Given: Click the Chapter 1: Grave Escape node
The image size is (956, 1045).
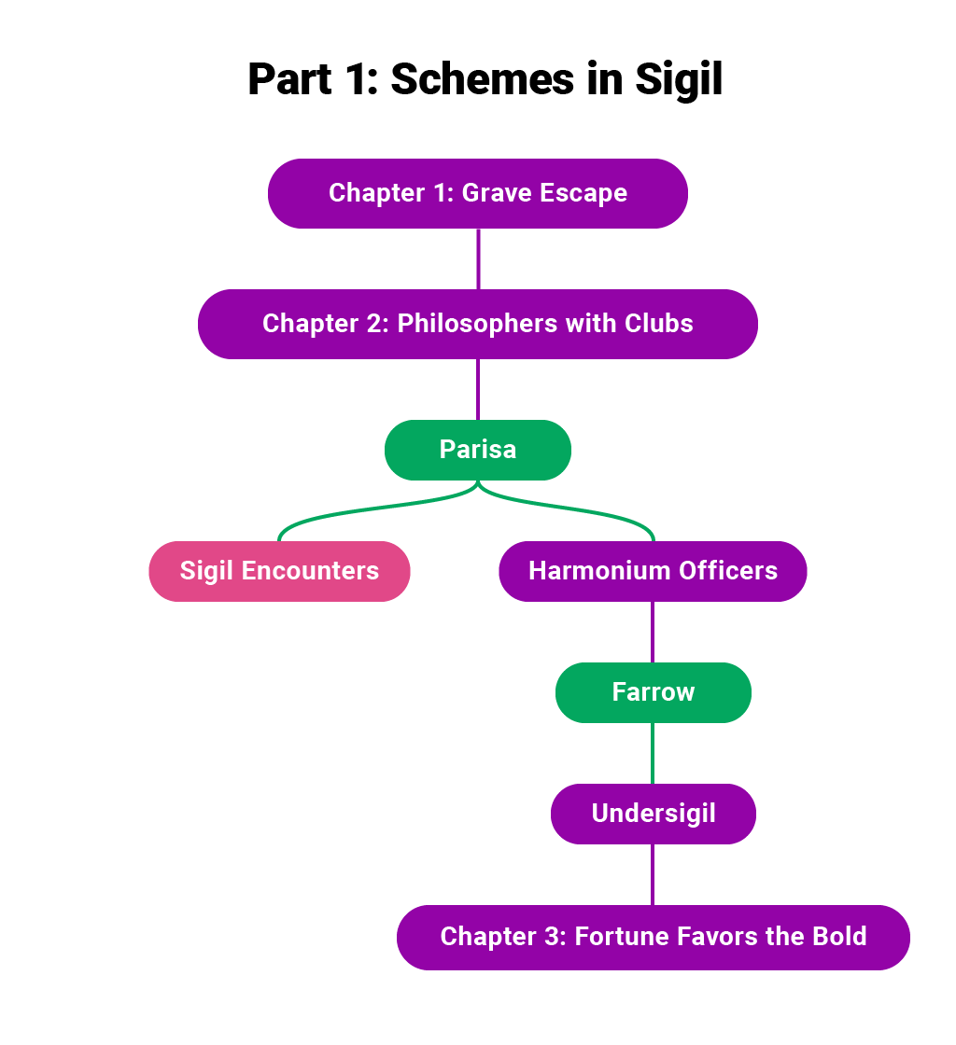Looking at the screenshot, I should click(x=477, y=193).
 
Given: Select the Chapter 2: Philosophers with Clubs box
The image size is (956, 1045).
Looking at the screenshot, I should click(x=477, y=324).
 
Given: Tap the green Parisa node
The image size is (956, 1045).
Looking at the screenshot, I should click(x=477, y=450).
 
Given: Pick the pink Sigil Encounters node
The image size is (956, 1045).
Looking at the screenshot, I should click(x=279, y=571).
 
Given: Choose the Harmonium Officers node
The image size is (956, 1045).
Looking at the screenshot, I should click(x=653, y=571).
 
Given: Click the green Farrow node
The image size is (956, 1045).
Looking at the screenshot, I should click(x=653, y=692).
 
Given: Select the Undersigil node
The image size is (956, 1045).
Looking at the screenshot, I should click(x=653, y=814).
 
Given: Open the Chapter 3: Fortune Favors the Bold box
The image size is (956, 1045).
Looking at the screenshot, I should click(x=653, y=937).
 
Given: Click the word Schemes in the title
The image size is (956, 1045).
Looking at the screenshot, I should click(x=482, y=80).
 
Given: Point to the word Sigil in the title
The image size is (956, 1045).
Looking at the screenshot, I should click(x=679, y=80).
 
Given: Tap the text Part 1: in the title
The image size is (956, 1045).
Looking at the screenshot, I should click(x=313, y=80).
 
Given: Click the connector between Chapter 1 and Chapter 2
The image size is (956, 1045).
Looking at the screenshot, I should click(x=478, y=258).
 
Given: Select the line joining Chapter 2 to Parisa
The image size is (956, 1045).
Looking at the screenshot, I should click(x=478, y=389).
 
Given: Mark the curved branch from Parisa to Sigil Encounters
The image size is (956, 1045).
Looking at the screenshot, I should click(x=373, y=509).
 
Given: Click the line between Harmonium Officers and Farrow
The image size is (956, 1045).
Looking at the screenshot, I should click(x=652, y=632).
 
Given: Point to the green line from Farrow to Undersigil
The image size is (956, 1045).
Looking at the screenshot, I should click(x=652, y=753).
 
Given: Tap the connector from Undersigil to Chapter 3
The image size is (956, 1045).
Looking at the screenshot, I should click(x=652, y=874).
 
